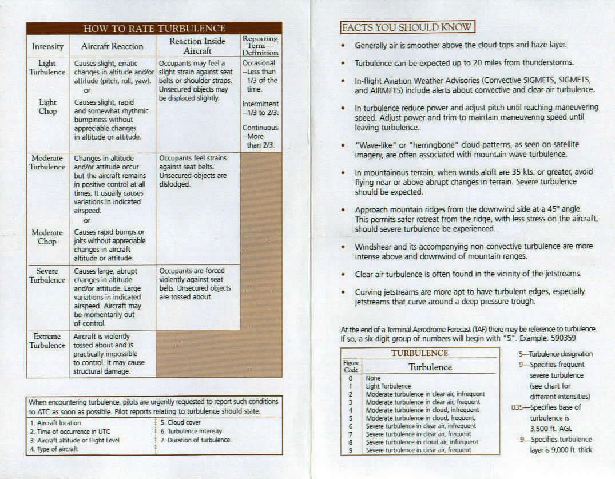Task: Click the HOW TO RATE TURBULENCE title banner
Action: pyautogui.click(x=154, y=28)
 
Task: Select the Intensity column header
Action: pyautogui.click(x=47, y=46)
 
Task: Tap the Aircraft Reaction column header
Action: pyautogui.click(x=112, y=46)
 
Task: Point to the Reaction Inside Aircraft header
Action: pyautogui.click(x=197, y=46)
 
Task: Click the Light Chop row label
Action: pyautogui.click(x=47, y=106)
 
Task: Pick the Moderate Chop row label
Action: pyautogui.click(x=47, y=237)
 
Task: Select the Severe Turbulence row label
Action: pyautogui.click(x=47, y=275)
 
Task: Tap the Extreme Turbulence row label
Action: pyautogui.click(x=47, y=341)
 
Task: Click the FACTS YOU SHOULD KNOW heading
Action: pyautogui.click(x=407, y=27)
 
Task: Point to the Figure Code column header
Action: pyautogui.click(x=351, y=366)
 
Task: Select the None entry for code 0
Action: pyautogui.click(x=373, y=378)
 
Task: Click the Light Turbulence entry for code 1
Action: pyautogui.click(x=388, y=386)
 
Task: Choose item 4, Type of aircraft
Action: pyautogui.click(x=54, y=449)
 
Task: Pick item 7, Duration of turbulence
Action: pyautogui.click(x=195, y=440)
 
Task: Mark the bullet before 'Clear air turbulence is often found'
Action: pyautogui.click(x=342, y=275)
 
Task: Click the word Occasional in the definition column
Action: pyautogui.click(x=259, y=63)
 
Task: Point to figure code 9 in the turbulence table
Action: pyautogui.click(x=351, y=450)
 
